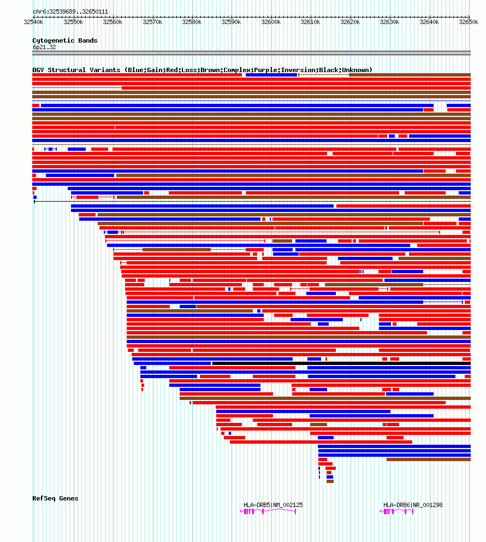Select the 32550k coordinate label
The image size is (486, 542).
pyautogui.click(x=73, y=22)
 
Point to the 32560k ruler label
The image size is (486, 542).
pyautogui.click(x=112, y=22)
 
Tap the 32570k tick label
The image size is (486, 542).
pyautogui.click(x=152, y=22)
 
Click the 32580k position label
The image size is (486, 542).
pyautogui.click(x=192, y=22)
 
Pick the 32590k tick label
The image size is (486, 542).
pyautogui.click(x=232, y=22)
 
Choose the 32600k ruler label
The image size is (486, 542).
pyautogui.click(x=271, y=22)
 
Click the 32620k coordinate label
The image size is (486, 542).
pyautogui.click(x=350, y=22)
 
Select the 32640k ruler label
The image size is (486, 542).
pyautogui.click(x=429, y=22)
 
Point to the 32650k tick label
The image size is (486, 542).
pyautogui.click(x=469, y=22)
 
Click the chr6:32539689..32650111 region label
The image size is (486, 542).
pyautogui.click(x=70, y=11)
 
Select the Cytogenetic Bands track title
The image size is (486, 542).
pyautogui.click(x=65, y=40)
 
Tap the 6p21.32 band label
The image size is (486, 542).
pyautogui.click(x=44, y=48)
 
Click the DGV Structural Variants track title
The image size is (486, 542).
pyautogui.click(x=202, y=70)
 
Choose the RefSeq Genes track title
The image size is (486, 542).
pyautogui.click(x=55, y=498)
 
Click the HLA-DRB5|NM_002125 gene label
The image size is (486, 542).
pyautogui.click(x=273, y=505)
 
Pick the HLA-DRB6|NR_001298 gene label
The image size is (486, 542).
pyautogui.click(x=413, y=505)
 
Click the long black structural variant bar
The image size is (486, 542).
pyautogui.click(x=341, y=363)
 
